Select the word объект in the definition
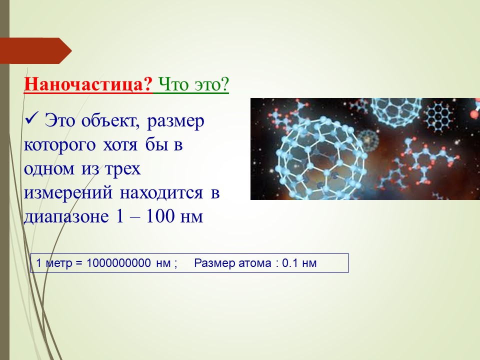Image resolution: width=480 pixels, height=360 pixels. [110, 120]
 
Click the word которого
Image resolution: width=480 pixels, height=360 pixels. [59, 145]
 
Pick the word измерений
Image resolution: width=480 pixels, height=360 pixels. [68, 193]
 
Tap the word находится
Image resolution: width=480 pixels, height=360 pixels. [161, 193]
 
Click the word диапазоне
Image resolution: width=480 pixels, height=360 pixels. [66, 216]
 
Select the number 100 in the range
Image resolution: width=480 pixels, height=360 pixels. [160, 216]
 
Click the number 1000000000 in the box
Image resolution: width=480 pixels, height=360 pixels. [118, 263]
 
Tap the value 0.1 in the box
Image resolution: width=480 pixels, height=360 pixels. [290, 263]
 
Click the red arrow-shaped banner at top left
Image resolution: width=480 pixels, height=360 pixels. [35, 51]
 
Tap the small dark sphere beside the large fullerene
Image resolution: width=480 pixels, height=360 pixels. [368, 140]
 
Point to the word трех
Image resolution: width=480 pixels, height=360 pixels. [122, 169]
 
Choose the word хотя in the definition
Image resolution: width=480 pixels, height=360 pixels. [120, 145]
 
